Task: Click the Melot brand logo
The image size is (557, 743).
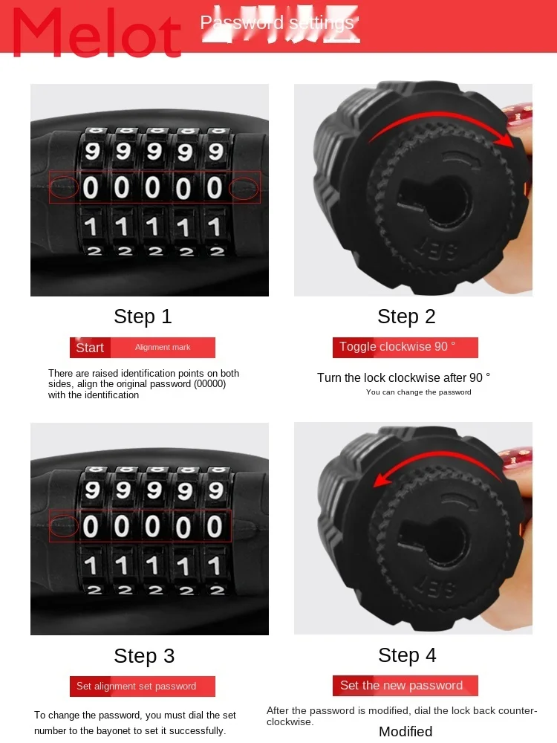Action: (97, 34)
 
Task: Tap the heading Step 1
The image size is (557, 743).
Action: (143, 317)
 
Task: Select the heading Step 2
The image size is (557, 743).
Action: (406, 317)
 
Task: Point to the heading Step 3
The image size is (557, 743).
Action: (144, 655)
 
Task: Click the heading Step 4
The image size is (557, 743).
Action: (407, 655)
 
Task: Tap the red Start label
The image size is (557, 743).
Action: (90, 348)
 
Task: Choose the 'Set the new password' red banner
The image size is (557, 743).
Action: (401, 686)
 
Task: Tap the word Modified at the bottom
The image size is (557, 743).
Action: (405, 731)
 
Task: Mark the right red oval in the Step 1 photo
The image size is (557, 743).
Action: (244, 189)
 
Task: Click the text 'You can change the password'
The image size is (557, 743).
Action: (418, 392)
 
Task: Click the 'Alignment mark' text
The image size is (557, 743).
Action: (163, 348)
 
